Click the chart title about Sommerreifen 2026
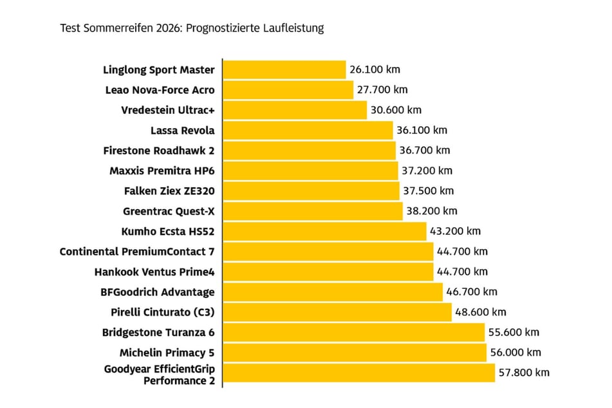click(x=192, y=28)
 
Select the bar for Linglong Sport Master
click(x=284, y=70)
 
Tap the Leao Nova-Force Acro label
click(x=160, y=90)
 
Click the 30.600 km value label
click(x=396, y=110)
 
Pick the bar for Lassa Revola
click(x=308, y=131)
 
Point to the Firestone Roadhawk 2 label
click(x=159, y=151)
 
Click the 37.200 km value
click(x=427, y=171)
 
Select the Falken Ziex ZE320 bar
click(x=311, y=190)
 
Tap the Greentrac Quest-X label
click(x=169, y=210)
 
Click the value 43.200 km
click(x=455, y=231)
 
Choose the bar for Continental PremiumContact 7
click(x=328, y=251)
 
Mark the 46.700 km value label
click(x=472, y=292)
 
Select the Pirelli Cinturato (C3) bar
click(x=338, y=312)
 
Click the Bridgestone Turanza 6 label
click(x=158, y=332)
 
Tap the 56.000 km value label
click(x=515, y=352)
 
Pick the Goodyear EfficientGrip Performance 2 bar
click(x=359, y=373)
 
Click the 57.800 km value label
click(x=524, y=373)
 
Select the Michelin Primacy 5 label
click(x=167, y=352)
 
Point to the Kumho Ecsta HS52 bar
click(x=325, y=231)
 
